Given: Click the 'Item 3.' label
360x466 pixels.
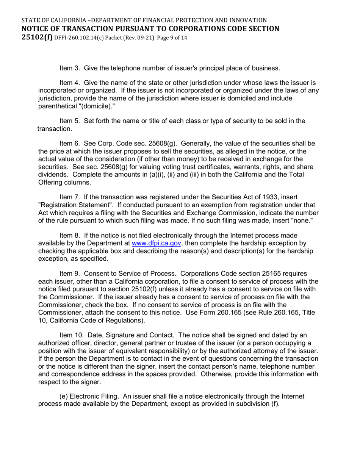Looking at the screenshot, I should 70,68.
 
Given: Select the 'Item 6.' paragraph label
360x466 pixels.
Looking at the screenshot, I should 70,144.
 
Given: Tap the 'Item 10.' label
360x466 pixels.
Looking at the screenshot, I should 72,335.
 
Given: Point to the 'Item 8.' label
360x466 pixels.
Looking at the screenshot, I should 70,236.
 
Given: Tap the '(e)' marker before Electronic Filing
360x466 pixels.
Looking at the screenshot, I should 64,396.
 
